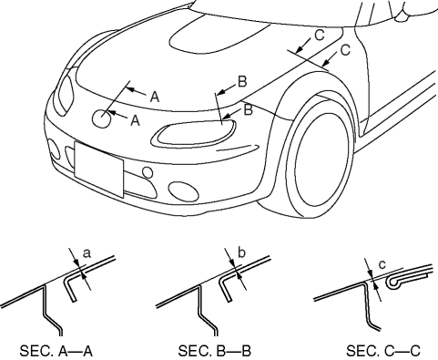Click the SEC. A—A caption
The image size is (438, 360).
pyautogui.click(x=56, y=351)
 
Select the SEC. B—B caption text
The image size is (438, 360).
pyautogui.click(x=215, y=351)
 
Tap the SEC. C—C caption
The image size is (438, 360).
pyautogui.click(x=383, y=351)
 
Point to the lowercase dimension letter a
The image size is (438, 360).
pyautogui.click(x=87, y=253)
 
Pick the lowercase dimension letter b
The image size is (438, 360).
pyautogui.click(x=241, y=252)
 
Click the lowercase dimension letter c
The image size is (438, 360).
pyautogui.click(x=382, y=264)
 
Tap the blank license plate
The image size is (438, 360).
pyautogui.click(x=99, y=170)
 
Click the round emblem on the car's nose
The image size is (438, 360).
pyautogui.click(x=101, y=118)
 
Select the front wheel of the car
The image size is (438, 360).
pyautogui.click(x=319, y=158)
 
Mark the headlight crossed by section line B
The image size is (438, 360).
pyautogui.click(x=194, y=134)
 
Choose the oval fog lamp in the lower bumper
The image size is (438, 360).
pyautogui.click(x=183, y=191)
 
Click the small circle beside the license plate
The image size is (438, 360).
pyautogui.click(x=148, y=172)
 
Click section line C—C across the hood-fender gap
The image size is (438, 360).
pyautogui.click(x=308, y=61)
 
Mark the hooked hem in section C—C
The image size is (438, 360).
pyautogui.click(x=394, y=283)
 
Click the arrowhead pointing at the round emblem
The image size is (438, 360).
pyautogui.click(x=110, y=113)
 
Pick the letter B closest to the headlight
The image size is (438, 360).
pyautogui.click(x=248, y=109)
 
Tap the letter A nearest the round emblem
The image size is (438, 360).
pyautogui.click(x=135, y=120)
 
